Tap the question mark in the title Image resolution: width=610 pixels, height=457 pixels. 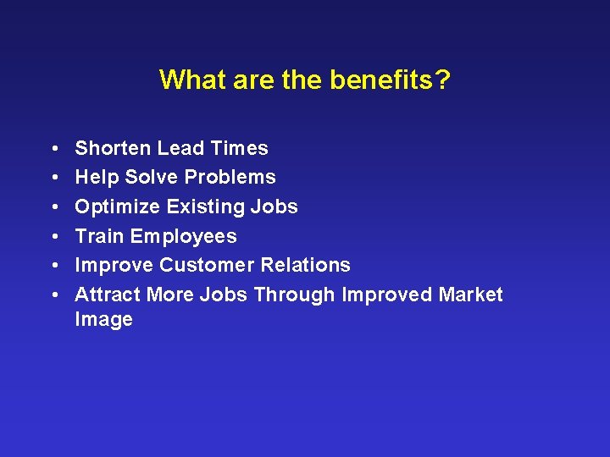click(x=442, y=80)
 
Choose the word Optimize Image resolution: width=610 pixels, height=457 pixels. click(x=117, y=207)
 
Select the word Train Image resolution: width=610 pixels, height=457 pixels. click(x=99, y=236)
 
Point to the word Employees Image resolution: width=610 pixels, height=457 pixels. click(x=183, y=237)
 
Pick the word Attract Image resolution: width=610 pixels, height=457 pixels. click(x=108, y=295)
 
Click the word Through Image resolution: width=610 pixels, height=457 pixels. click(x=294, y=295)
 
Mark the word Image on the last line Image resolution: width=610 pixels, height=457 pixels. click(x=103, y=320)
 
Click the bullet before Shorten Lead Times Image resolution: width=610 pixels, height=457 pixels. click(x=53, y=149)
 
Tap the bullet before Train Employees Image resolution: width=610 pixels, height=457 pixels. click(x=53, y=237)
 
